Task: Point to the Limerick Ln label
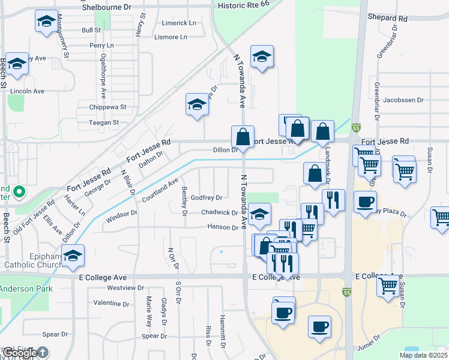coord(179,23)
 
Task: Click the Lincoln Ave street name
coord(28,91)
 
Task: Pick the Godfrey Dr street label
coord(206,197)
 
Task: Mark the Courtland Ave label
coord(160,190)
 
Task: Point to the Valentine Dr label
coord(111,303)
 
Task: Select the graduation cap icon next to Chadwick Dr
coord(259,214)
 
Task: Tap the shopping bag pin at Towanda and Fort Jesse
coord(243,137)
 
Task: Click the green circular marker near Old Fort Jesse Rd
coord(19,193)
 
